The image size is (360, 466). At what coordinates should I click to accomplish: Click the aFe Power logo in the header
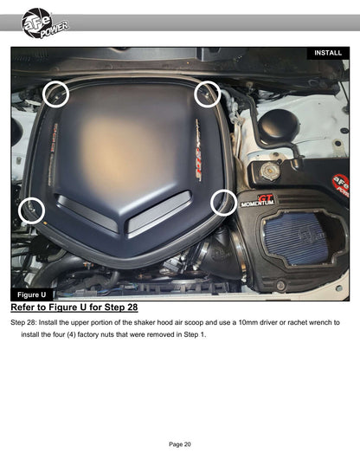coord(44,23)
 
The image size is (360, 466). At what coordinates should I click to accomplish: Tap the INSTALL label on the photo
coord(328,53)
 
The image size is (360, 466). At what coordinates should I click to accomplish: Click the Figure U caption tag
coord(32,294)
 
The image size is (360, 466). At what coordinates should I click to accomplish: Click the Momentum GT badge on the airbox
coord(257,201)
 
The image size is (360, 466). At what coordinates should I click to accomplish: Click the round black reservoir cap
coord(279,126)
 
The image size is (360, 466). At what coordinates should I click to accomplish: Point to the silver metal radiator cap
coord(270,172)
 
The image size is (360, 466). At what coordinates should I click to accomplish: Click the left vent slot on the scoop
coord(87,213)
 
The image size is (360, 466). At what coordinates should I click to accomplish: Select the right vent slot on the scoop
coord(159,213)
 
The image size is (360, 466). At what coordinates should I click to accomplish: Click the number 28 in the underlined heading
coord(132,307)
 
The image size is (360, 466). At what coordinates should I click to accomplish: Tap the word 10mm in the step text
coord(248,322)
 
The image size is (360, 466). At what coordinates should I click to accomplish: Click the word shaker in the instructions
coord(145,322)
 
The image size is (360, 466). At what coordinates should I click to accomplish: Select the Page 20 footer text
coord(180,444)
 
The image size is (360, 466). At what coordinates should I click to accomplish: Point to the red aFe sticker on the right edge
coord(341,184)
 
